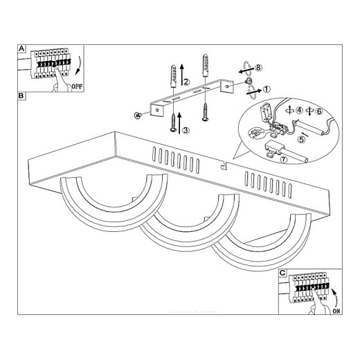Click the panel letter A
click(x=21, y=48)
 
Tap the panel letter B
click(x=21, y=96)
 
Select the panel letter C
click(x=282, y=273)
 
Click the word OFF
click(x=77, y=87)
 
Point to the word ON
click(x=336, y=311)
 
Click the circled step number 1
click(x=267, y=89)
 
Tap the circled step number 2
click(x=186, y=82)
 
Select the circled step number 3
click(x=186, y=130)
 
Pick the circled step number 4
click(x=299, y=111)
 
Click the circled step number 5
click(x=301, y=139)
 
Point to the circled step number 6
click(x=319, y=111)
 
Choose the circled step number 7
click(x=284, y=159)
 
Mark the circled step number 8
click(x=258, y=68)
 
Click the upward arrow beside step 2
click(x=182, y=75)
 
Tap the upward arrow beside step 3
click(x=179, y=123)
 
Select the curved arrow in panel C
click(x=335, y=297)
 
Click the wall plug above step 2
click(x=173, y=76)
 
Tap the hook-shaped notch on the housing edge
click(x=224, y=165)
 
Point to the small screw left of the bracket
click(x=138, y=115)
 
